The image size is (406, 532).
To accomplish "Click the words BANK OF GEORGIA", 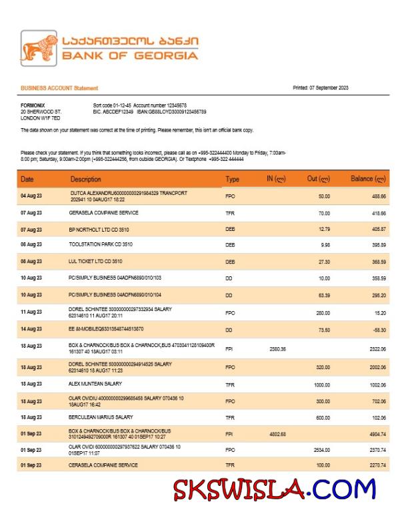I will coord(130,56).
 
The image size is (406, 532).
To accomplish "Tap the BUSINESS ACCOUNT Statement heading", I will coord(59,88).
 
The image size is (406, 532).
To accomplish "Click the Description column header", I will coord(86,179).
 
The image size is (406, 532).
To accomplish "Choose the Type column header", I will coord(232,179).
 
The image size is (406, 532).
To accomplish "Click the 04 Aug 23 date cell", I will coord(31,196).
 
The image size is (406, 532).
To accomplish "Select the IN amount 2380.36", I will coord(277,349).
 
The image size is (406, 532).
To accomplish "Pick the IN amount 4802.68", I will coord(277,435).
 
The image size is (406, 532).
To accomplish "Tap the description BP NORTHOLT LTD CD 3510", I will coord(99,229).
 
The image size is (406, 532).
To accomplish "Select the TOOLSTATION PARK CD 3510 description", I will coord(103,245).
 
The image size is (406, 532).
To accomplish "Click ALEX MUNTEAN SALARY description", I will coord(95,384).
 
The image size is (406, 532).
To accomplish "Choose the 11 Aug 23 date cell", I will coord(31,312).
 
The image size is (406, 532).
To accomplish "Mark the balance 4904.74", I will coord(376,435).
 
